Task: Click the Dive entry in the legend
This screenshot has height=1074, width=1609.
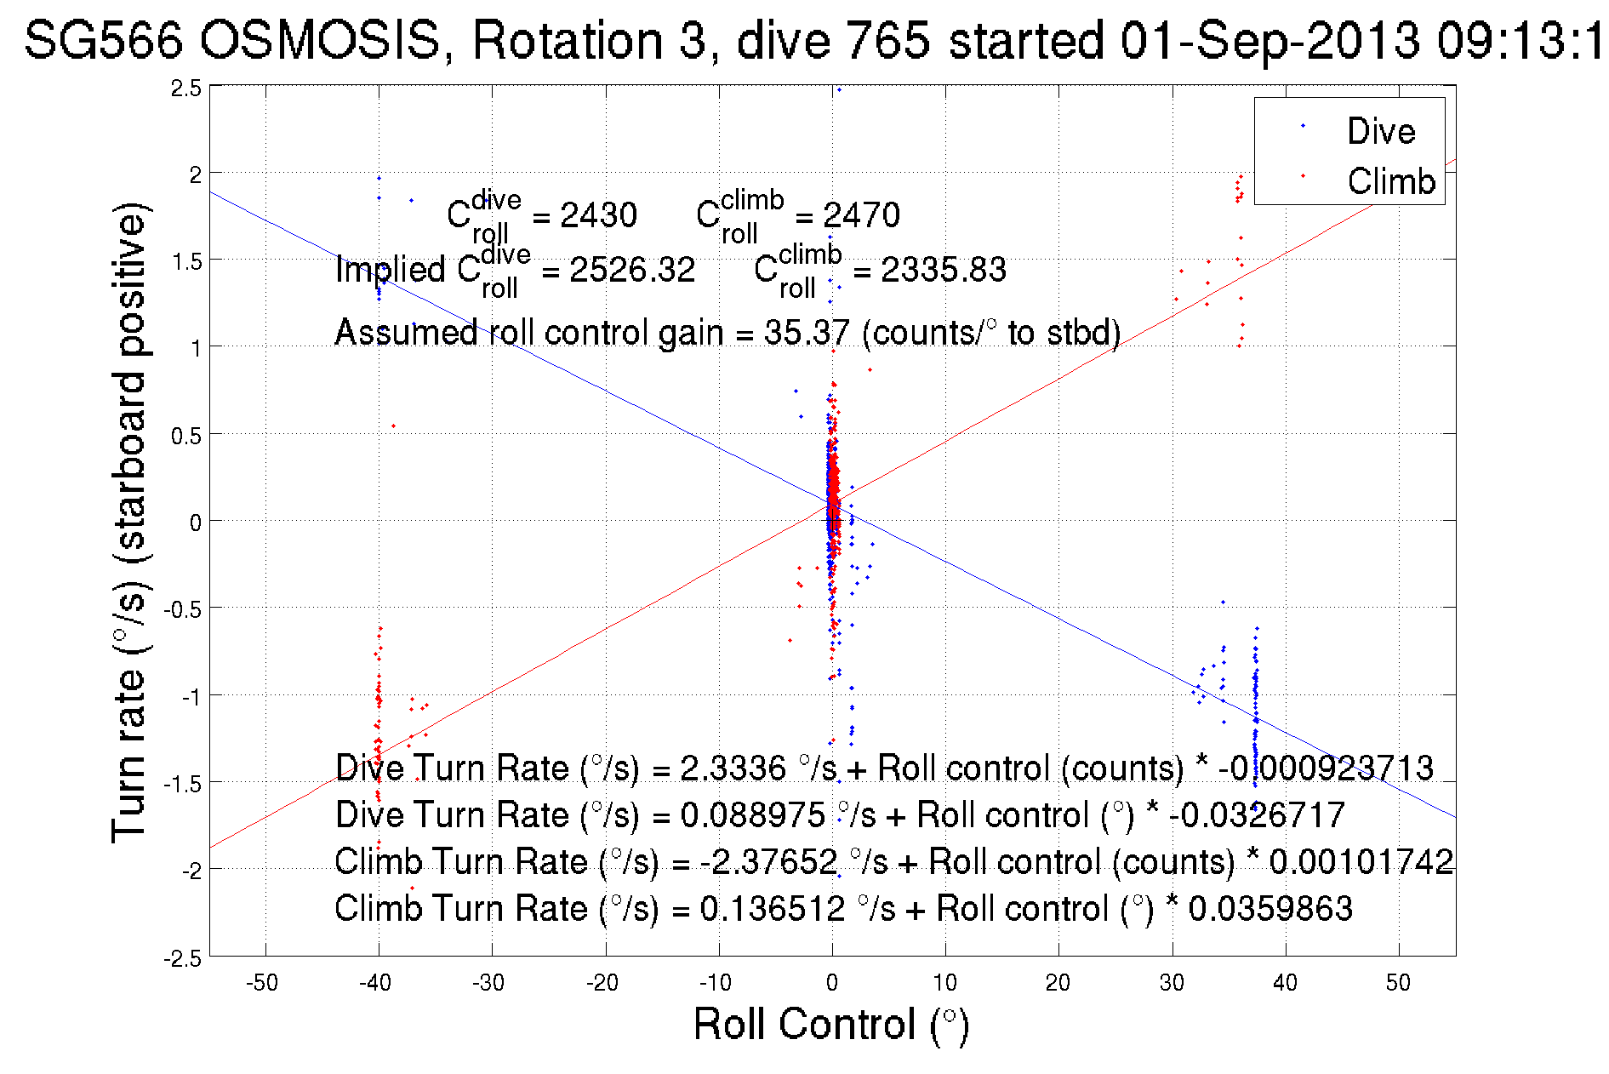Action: point(1380,131)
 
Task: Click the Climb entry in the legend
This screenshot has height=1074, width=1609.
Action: point(1390,181)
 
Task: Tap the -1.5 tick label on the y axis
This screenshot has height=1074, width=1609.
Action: point(183,784)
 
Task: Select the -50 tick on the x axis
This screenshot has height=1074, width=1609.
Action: point(262,983)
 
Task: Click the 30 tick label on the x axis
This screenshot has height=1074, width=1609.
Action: point(1172,983)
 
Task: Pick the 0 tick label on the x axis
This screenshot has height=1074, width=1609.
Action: point(832,983)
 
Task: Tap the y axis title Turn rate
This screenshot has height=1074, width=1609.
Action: point(130,523)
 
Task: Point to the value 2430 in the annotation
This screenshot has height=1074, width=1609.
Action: point(598,215)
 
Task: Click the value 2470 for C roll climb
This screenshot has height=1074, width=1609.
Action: point(861,215)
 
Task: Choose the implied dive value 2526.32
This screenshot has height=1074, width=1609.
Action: point(632,271)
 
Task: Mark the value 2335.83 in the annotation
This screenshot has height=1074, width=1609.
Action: point(943,271)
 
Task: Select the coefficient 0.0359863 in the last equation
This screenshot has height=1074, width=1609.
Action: point(1270,909)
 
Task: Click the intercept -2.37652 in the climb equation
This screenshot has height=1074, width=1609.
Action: point(768,862)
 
